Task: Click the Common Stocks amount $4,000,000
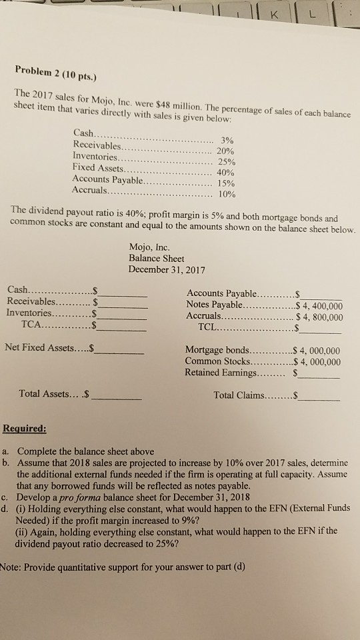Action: [x=316, y=362]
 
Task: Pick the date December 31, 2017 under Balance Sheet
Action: [x=168, y=269]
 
